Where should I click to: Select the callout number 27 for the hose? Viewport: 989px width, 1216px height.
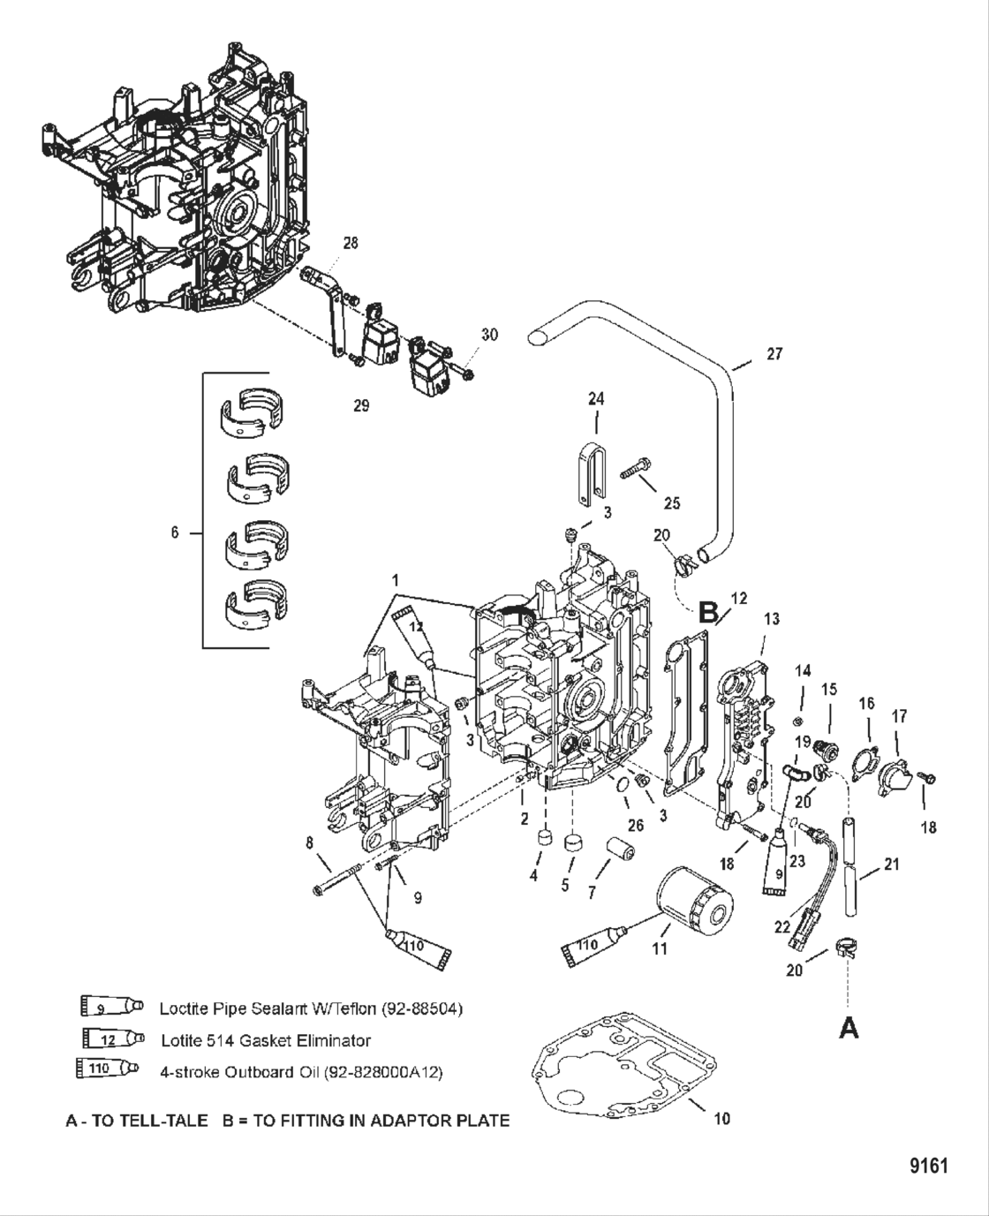(774, 354)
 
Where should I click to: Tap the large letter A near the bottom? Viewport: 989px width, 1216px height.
(848, 1027)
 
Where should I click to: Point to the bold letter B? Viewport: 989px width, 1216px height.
(708, 611)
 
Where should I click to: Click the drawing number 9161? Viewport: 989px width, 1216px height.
(928, 1166)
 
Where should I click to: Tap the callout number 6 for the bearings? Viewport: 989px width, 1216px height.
(174, 532)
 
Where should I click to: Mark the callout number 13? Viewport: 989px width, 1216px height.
(771, 620)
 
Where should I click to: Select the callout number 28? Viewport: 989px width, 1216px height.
(351, 243)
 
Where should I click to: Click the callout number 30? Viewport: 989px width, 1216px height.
(489, 335)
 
